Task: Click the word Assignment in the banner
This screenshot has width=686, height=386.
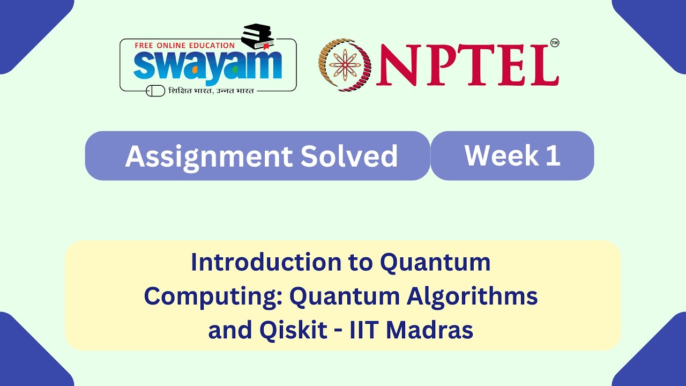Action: [208, 156]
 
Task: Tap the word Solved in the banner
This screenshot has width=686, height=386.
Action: [349, 156]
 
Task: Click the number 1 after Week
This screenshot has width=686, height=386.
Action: [554, 155]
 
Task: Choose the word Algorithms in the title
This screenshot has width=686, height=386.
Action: [472, 296]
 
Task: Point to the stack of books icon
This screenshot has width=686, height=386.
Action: [258, 37]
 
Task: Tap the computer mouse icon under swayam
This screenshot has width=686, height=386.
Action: [155, 91]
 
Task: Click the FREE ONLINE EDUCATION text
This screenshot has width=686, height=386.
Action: [184, 46]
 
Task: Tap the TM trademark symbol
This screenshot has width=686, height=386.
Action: [554, 43]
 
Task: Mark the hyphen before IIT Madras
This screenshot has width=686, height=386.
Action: [339, 331]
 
